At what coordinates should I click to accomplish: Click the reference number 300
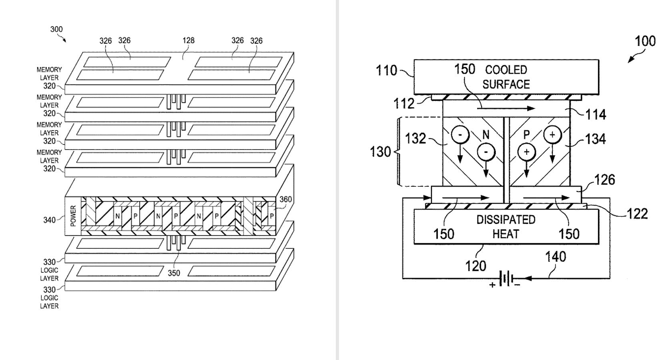tap(56, 29)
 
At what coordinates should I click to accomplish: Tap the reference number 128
tap(188, 40)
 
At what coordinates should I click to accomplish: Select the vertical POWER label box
tap(73, 216)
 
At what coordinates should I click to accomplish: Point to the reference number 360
tap(285, 199)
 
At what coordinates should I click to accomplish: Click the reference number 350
tap(174, 273)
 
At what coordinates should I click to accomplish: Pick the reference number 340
tap(50, 220)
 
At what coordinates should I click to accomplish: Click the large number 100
tap(645, 41)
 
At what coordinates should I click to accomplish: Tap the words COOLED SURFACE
tap(506, 77)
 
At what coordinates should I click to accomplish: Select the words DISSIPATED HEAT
tap(506, 227)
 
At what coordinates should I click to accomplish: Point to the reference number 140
tap(556, 256)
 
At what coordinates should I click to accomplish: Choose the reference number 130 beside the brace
tap(380, 152)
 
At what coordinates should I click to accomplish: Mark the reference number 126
tap(604, 180)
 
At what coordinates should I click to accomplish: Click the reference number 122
tap(637, 214)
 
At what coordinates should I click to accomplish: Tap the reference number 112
tap(404, 104)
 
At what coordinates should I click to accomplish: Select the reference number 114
tap(596, 115)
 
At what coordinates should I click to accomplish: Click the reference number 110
tap(386, 71)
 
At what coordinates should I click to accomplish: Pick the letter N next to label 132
tap(486, 135)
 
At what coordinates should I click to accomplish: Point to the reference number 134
tap(596, 139)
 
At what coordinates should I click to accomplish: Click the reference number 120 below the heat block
tap(475, 266)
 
